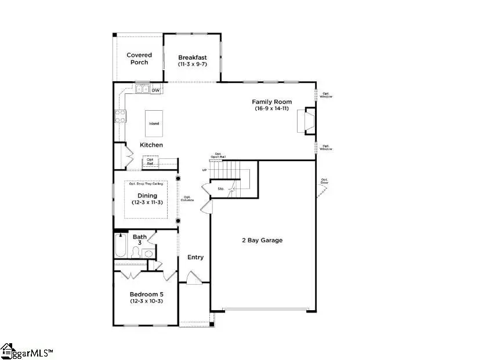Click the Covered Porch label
(139, 59)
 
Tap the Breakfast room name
(192, 57)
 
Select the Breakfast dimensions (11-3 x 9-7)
(192, 64)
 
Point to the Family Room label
(271, 101)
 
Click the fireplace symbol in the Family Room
(308, 121)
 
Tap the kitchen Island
(154, 123)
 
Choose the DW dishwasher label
(155, 90)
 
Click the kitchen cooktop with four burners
(120, 117)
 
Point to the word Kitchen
(151, 145)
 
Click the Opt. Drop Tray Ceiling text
(145, 184)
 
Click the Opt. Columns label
(188, 198)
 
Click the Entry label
(195, 257)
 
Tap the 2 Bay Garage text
(262, 240)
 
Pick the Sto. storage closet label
(221, 189)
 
